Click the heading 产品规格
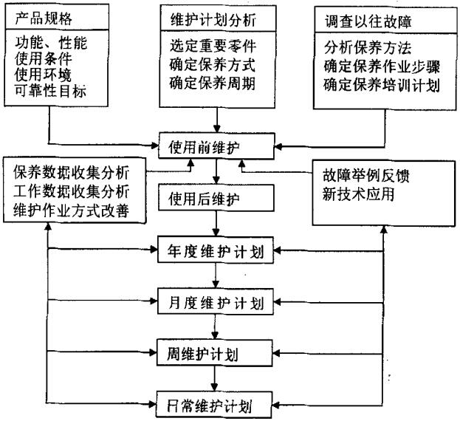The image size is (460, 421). click(44, 16)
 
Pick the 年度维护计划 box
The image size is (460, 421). click(216, 250)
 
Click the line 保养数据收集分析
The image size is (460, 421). click(71, 172)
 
